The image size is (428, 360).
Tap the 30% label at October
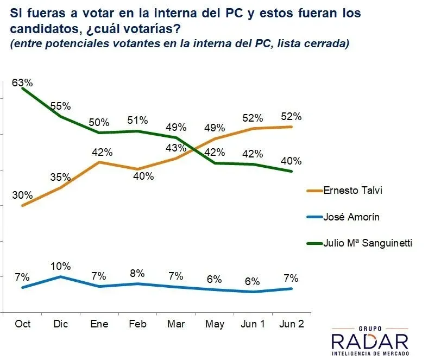[23, 195]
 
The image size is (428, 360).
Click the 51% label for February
[139, 121]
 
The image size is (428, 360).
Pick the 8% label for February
[139, 274]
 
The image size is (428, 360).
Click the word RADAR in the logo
[369, 342]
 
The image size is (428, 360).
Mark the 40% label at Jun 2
[291, 161]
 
